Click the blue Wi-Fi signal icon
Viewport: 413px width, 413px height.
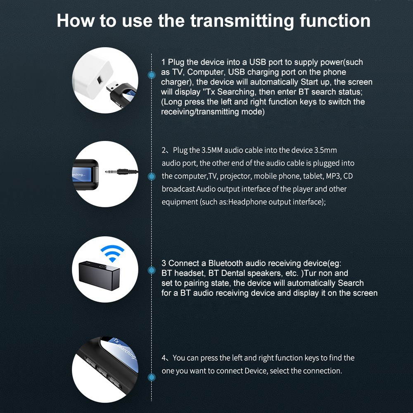112,253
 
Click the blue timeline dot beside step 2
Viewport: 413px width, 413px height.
152,176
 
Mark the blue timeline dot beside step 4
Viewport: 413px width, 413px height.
152,377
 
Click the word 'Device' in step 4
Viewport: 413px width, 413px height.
256,371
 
